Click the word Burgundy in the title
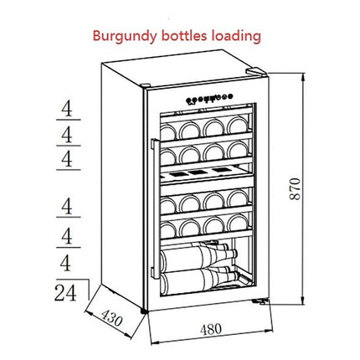click(x=125, y=37)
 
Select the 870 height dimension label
click(x=295, y=189)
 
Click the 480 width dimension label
click(x=211, y=329)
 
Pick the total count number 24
click(x=65, y=293)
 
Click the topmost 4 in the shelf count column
click(x=67, y=109)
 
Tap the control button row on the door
click(x=209, y=99)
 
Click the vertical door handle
click(x=155, y=208)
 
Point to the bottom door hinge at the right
click(x=260, y=301)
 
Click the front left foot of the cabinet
click(x=144, y=311)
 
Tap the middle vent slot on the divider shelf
click(x=198, y=172)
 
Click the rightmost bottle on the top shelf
click(x=238, y=125)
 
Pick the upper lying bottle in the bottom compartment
click(x=198, y=257)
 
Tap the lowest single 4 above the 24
click(x=65, y=264)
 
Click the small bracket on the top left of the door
click(x=146, y=85)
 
